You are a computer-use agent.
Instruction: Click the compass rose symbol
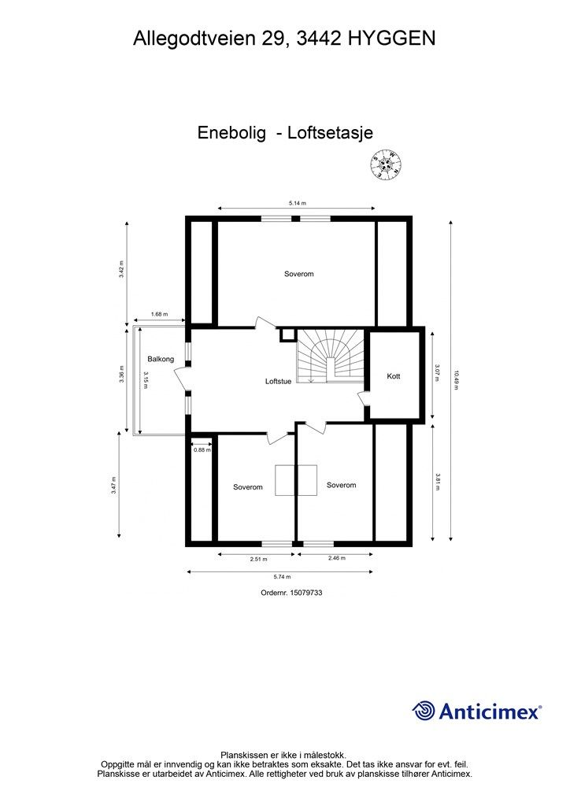pos(387,165)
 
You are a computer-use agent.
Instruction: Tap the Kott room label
pos(393,376)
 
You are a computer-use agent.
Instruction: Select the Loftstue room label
pos(278,382)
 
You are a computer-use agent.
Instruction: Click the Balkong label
pos(160,359)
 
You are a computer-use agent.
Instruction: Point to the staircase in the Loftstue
pos(325,357)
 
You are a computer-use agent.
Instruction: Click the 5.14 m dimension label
pos(297,203)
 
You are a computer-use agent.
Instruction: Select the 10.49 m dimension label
pos(456,380)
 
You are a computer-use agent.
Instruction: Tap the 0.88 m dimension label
pos(202,449)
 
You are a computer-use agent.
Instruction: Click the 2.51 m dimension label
pos(258,559)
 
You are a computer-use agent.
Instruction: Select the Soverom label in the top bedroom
pos(298,274)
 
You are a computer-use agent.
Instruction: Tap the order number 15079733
pos(291,593)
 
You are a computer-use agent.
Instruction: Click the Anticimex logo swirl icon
pos(424,711)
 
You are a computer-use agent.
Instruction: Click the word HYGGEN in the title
pos(390,37)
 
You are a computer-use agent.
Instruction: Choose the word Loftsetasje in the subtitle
pos(330,133)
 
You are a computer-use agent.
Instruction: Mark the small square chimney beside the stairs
pos(287,335)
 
